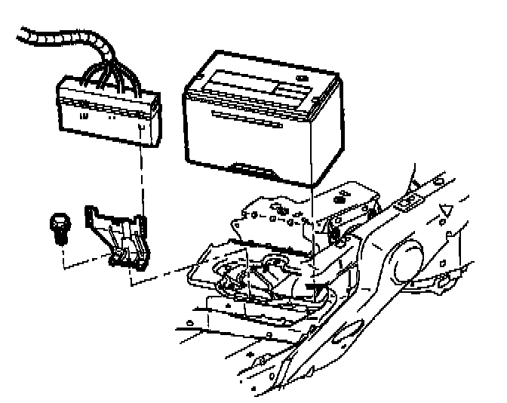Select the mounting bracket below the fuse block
click(120, 233)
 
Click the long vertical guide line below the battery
click(312, 219)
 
